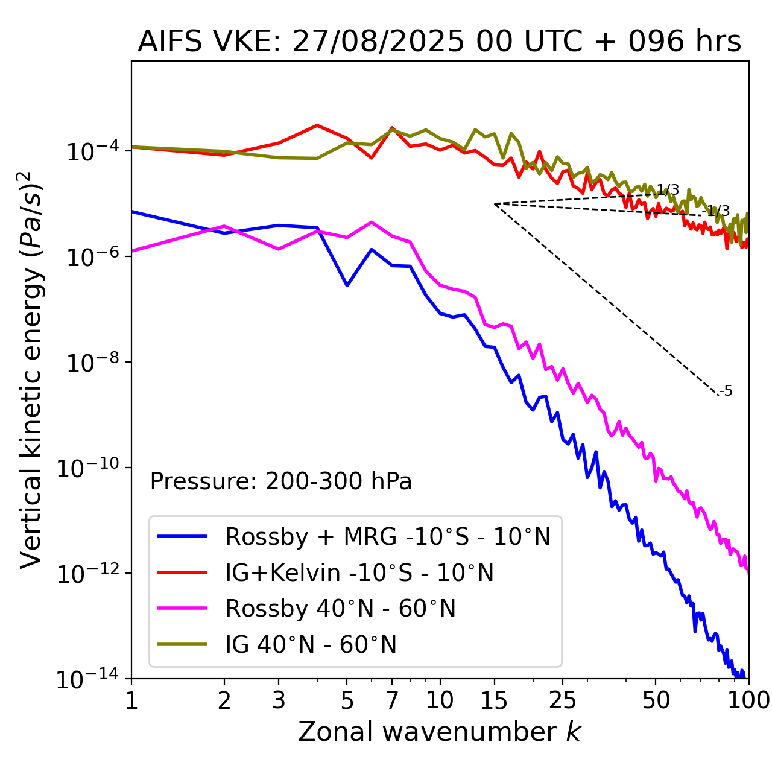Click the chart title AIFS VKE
coord(439,42)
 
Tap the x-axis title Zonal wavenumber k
coord(439,732)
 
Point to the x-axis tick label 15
coord(494,700)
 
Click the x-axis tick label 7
coord(392,700)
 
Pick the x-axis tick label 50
coord(656,700)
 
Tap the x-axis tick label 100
coord(748,700)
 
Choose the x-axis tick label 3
coord(278,700)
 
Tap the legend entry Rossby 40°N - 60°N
coord(340,609)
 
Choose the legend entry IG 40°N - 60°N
coord(311,645)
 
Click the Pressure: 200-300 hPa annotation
coord(281,481)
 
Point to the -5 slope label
coord(726,392)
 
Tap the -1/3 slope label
coord(718,211)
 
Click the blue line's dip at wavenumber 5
coord(347,285)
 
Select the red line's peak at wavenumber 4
coord(317,125)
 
